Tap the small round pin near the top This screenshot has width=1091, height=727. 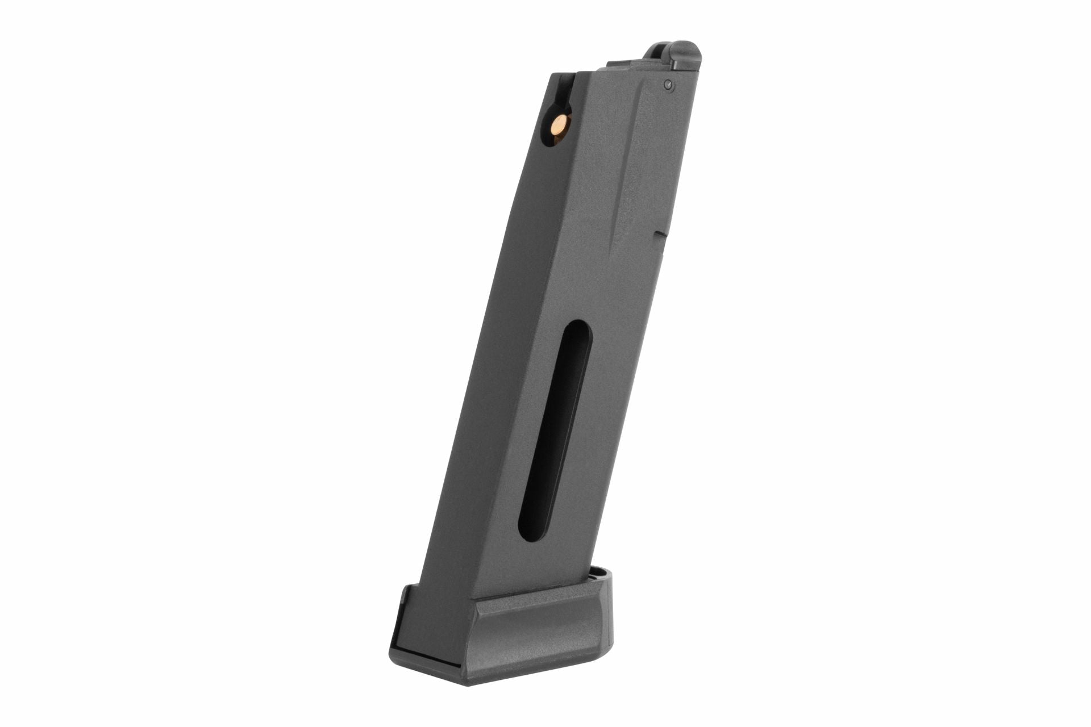click(668, 86)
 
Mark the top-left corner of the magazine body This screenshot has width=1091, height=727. click(552, 74)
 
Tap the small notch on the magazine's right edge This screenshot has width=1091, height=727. click(660, 233)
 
